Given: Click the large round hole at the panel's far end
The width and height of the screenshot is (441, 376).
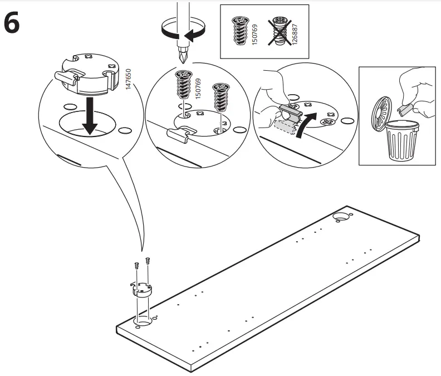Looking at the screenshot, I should pos(340,216).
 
